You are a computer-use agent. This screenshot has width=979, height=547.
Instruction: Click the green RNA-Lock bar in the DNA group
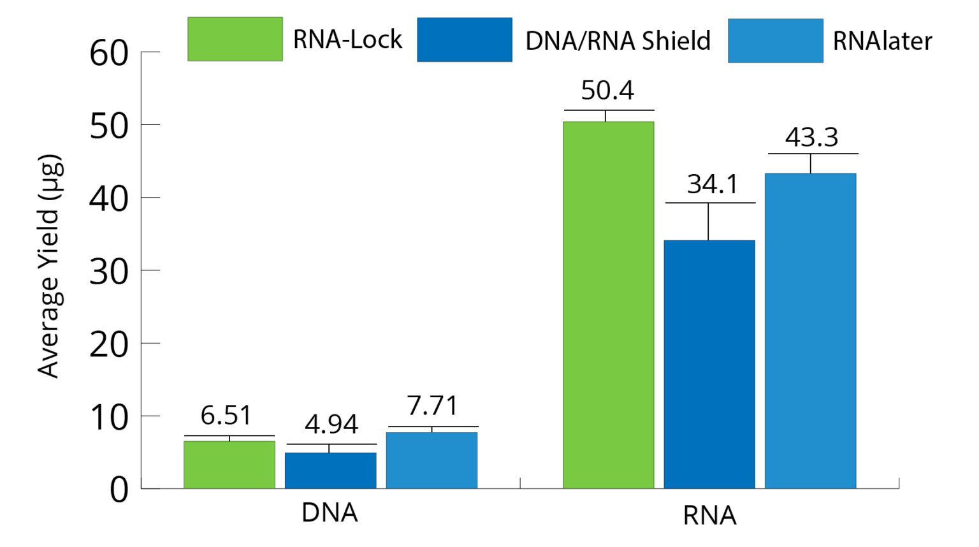click(229, 464)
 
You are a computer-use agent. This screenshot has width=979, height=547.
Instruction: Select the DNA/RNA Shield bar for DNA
click(330, 470)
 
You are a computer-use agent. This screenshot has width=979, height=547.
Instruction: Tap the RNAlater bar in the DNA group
click(431, 460)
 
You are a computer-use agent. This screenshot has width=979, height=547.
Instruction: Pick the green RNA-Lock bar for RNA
click(608, 305)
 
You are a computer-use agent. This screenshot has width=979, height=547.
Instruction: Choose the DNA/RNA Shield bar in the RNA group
click(709, 364)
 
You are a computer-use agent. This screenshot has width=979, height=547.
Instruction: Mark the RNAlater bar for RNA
click(810, 330)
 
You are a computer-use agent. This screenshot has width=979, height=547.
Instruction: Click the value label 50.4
click(607, 91)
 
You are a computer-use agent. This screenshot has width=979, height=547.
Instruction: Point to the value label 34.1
click(713, 184)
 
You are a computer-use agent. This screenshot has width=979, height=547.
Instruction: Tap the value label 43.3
click(811, 137)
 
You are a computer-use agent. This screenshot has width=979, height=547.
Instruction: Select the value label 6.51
click(226, 416)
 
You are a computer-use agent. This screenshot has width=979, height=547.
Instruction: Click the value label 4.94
click(331, 425)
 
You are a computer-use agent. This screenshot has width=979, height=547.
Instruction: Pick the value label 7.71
click(432, 406)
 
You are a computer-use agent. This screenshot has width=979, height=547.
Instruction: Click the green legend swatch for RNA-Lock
click(235, 40)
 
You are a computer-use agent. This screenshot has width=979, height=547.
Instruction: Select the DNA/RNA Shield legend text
click(617, 41)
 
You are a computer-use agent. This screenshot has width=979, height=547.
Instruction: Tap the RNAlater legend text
click(882, 41)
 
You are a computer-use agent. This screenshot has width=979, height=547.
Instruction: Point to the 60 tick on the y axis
click(109, 54)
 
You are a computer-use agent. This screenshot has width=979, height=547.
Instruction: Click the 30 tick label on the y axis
click(109, 272)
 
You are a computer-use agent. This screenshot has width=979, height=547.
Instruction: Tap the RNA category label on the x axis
click(709, 515)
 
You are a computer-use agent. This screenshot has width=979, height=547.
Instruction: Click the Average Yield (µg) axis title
click(50, 266)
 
